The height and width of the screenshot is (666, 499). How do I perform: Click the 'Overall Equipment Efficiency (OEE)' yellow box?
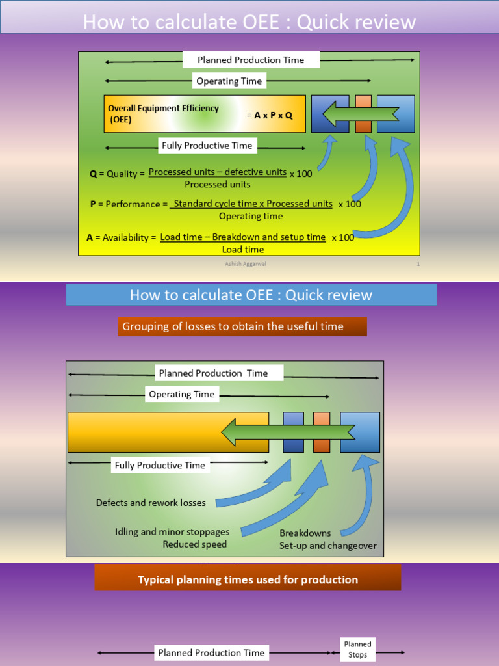coord(204,114)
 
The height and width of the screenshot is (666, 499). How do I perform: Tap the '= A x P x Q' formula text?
coord(270,114)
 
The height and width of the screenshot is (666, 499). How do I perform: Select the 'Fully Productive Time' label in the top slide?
coord(207,146)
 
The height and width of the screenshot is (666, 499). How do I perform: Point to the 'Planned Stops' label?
coord(357,649)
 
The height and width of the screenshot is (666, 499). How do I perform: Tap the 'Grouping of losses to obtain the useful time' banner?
coord(242,326)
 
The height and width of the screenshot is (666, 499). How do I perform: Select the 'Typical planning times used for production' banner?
coord(248,579)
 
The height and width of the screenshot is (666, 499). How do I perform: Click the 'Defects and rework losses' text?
coord(151,503)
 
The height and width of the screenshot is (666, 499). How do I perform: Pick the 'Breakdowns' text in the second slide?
coord(305,533)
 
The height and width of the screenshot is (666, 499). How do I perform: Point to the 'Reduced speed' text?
coord(195,544)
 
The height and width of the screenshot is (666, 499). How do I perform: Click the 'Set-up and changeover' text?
coord(328,546)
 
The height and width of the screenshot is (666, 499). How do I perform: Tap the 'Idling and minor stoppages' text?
coord(172,532)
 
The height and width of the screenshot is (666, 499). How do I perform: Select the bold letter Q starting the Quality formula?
coord(93,174)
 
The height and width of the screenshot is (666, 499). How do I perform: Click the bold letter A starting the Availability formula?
coord(90,237)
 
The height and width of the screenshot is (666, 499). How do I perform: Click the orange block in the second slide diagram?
coord(322,432)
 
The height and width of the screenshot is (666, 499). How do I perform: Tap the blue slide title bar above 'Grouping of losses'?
coord(251,295)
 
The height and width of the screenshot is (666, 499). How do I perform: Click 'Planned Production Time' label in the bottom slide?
coord(211,652)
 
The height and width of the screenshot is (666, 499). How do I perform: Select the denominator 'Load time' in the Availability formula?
coord(243,249)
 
